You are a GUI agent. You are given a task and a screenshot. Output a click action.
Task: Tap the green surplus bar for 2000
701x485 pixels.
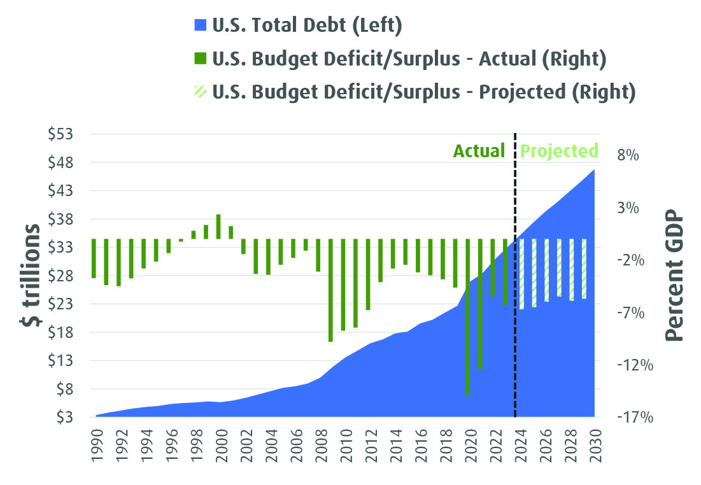[x=218, y=227]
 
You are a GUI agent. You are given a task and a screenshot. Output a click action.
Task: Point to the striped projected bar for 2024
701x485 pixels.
[x=521, y=274]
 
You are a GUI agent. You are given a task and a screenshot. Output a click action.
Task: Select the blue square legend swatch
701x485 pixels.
[x=199, y=27]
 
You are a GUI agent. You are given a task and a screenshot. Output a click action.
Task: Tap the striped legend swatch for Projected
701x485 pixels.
[x=199, y=92]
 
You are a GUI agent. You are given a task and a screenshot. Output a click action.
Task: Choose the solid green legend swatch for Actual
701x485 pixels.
[x=199, y=59]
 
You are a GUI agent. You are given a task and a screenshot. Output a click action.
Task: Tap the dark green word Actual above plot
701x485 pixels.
[x=479, y=151]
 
